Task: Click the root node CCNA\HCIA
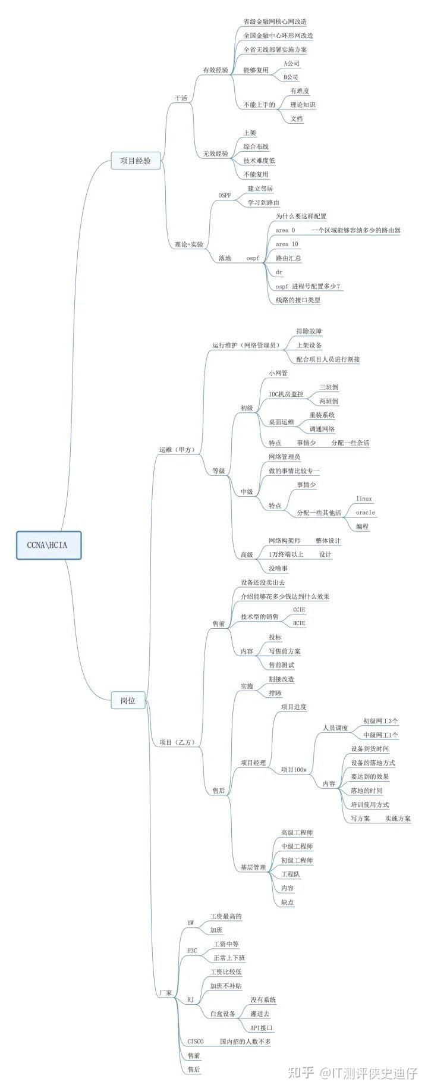[x=48, y=545]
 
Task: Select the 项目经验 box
[x=136, y=160]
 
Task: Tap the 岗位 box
[x=128, y=700]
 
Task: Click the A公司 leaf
[x=291, y=63]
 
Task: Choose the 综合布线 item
[x=256, y=146]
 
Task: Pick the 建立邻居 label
[x=260, y=188]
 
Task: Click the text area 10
[x=287, y=244]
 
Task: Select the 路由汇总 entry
[x=288, y=258]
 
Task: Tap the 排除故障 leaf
[x=309, y=331]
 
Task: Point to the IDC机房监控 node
[x=286, y=394]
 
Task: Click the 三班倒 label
[x=329, y=387]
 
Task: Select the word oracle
[x=365, y=512]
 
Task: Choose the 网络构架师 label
[x=284, y=540]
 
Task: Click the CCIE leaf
[x=299, y=610]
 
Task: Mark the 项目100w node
[x=294, y=770]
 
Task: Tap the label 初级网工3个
[x=380, y=720]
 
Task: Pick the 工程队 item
[x=291, y=874]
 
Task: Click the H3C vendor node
[x=192, y=951]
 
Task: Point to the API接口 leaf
[x=262, y=1027]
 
